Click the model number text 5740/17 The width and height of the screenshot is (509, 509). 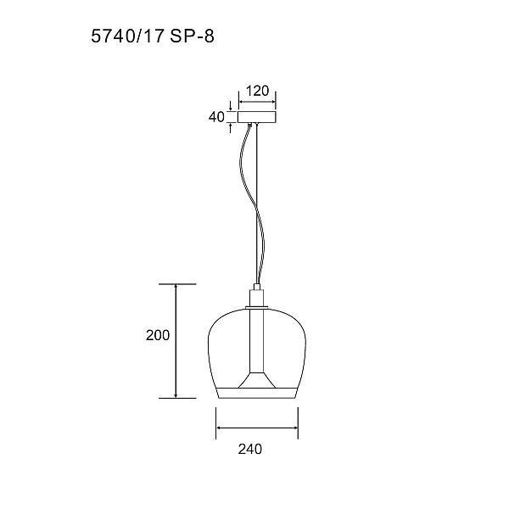point(127,36)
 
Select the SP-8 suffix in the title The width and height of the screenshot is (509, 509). point(192,36)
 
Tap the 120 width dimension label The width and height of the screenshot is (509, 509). point(257,91)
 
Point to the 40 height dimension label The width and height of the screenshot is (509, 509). point(216,117)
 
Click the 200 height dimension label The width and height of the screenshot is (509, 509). point(158,335)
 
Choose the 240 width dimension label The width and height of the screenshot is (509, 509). point(250,449)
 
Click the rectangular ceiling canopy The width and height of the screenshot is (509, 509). point(257,117)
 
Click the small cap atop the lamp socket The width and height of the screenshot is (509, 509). point(256,287)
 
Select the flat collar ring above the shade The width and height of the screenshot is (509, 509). point(257,307)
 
